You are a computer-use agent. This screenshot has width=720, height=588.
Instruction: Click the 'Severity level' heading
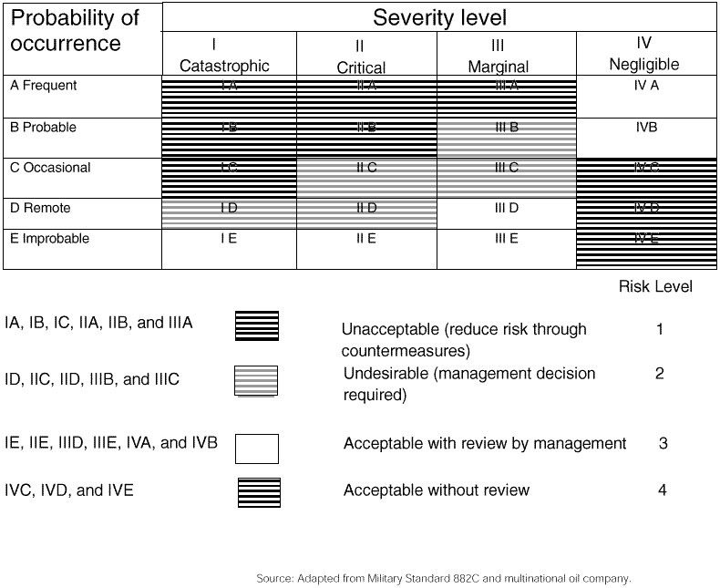click(x=439, y=17)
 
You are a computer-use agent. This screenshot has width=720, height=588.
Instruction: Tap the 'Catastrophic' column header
click(x=224, y=56)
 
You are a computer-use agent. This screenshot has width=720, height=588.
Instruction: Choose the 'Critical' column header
click(x=361, y=57)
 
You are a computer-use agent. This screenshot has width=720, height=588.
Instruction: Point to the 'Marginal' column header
click(x=498, y=56)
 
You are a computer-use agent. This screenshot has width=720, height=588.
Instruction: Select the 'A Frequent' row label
click(x=43, y=86)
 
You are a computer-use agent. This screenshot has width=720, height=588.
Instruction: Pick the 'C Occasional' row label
click(x=50, y=168)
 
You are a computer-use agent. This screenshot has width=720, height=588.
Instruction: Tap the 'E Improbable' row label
click(x=50, y=239)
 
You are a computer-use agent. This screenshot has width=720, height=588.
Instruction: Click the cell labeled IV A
click(x=646, y=86)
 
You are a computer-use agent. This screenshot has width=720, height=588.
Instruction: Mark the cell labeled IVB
click(x=646, y=128)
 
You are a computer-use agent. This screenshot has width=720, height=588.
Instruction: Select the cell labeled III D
click(x=506, y=209)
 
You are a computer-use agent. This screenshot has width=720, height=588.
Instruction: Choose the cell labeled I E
click(x=229, y=239)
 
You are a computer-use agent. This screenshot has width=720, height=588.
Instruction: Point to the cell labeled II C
click(x=366, y=168)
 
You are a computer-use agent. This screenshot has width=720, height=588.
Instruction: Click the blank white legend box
click(x=257, y=449)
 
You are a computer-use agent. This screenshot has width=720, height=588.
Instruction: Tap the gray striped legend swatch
click(x=256, y=381)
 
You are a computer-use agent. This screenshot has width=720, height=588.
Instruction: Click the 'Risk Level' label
click(x=655, y=287)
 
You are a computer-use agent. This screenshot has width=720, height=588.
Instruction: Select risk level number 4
click(x=662, y=490)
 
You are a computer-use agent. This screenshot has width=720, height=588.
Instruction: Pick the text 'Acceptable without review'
click(x=436, y=490)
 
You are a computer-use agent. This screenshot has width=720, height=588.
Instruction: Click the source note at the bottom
click(x=444, y=578)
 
